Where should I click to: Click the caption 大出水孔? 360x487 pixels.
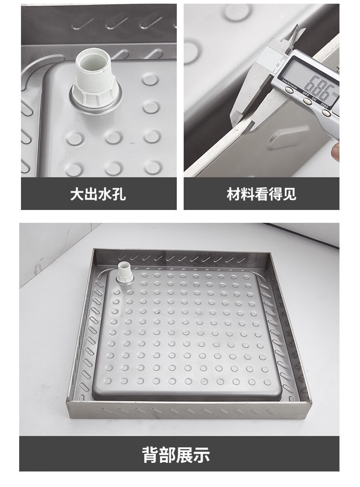coord(98,195)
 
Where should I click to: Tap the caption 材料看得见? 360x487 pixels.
coord(261,195)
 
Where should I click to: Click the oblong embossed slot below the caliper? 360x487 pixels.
coord(282,138)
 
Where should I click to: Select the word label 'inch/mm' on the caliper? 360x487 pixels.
coord(289,82)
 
